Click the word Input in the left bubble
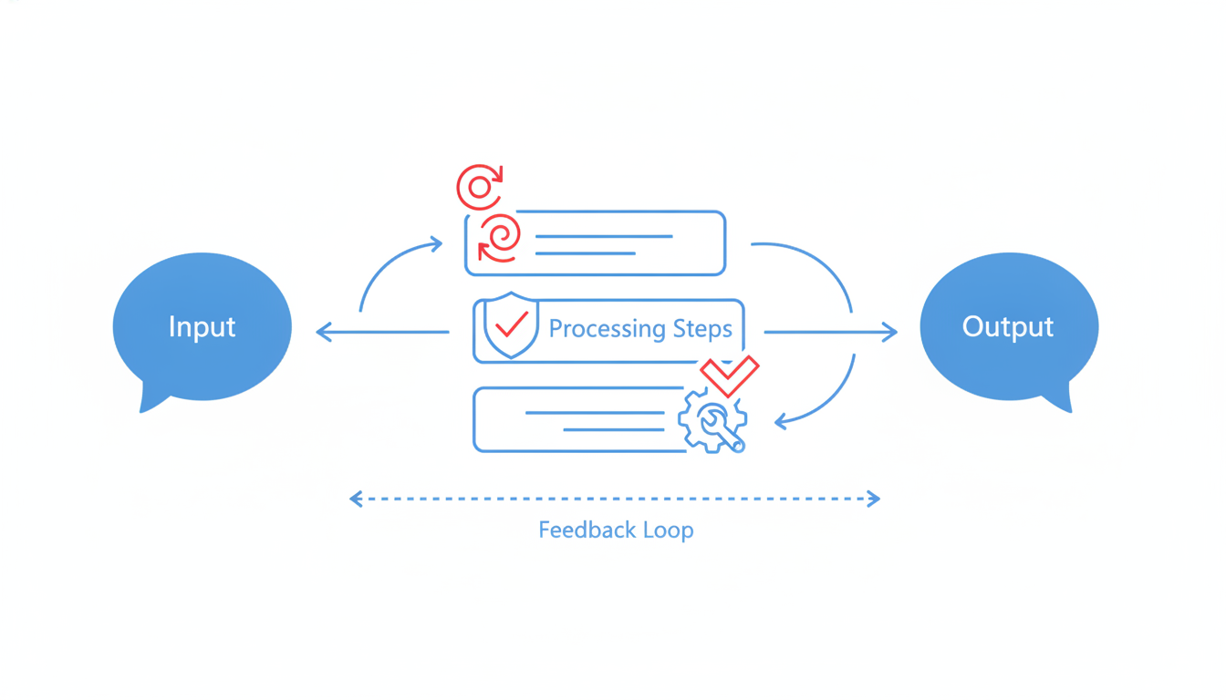click(202, 327)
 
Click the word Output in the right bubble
click(1008, 327)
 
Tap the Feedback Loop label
click(616, 530)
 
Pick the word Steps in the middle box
click(702, 329)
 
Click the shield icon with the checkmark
click(511, 325)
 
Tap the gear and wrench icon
click(712, 420)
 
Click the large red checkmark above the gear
click(730, 376)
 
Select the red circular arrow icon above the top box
click(480, 187)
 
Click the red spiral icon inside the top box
click(499, 239)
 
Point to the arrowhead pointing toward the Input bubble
click(325, 332)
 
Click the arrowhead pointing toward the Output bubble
click(888, 332)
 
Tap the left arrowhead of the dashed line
click(356, 499)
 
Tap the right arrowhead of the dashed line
click(874, 499)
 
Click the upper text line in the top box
click(604, 236)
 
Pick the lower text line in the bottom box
click(614, 430)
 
